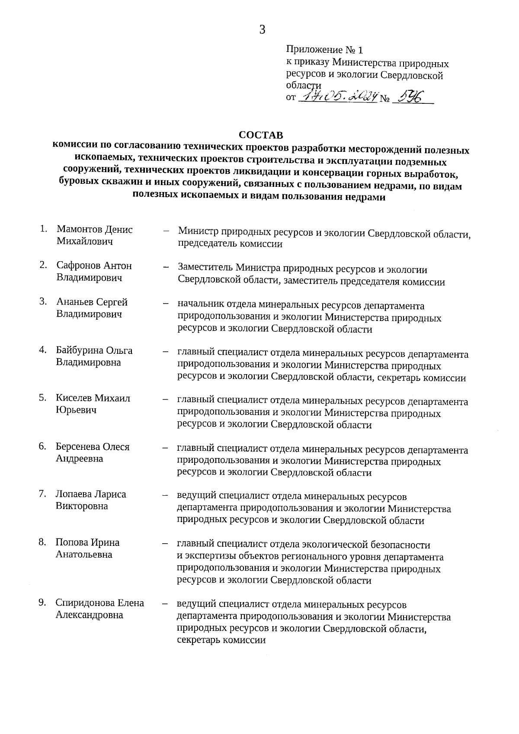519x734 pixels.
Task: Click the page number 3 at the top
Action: pyautogui.click(x=262, y=30)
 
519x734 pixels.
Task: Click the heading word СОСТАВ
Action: pyautogui.click(x=261, y=135)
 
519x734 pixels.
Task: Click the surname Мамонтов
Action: pyautogui.click(x=78, y=230)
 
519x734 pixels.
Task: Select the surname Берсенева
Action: pyautogui.click(x=79, y=446)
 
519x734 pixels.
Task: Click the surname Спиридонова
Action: pyautogui.click(x=84, y=603)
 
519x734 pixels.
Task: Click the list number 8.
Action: pyautogui.click(x=42, y=542)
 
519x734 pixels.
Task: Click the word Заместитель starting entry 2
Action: pyautogui.click(x=205, y=270)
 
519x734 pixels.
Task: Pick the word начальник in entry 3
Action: pyautogui.click(x=199, y=306)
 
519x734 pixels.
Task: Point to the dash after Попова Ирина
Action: pyautogui.click(x=165, y=543)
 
